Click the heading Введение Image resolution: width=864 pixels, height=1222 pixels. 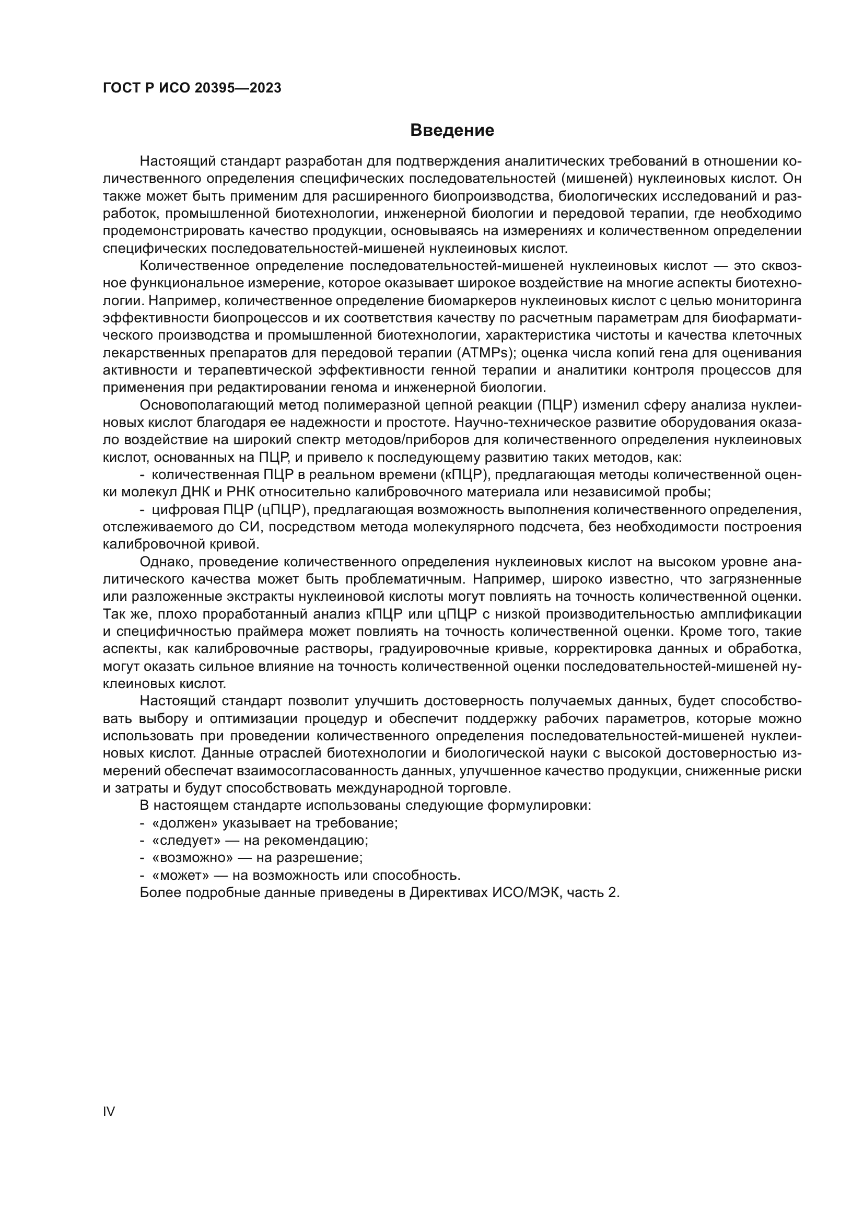pyautogui.click(x=452, y=131)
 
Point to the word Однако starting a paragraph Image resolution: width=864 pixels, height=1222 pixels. pyautogui.click(x=167, y=562)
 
